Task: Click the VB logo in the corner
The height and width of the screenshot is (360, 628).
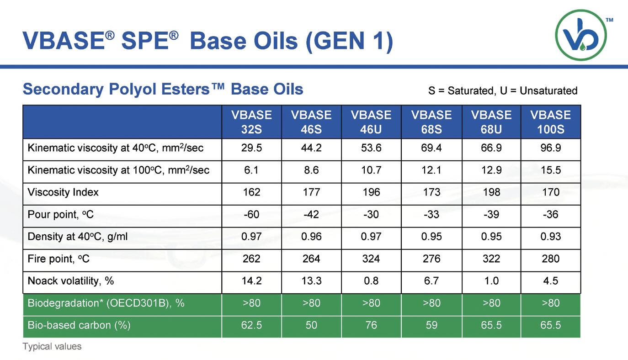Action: [x=581, y=35]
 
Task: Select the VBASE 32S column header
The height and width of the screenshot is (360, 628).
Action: [x=251, y=122]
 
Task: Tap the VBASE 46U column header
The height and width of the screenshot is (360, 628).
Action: [x=371, y=122]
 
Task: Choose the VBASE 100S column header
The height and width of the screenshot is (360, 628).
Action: [x=550, y=122]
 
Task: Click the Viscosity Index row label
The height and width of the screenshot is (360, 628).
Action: [x=63, y=192]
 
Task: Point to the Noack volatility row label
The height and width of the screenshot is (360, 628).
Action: [x=70, y=281]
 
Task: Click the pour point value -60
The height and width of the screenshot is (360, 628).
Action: [x=251, y=214]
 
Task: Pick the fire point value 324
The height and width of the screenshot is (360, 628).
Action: [x=371, y=259]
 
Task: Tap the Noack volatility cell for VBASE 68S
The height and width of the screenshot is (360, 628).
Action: [x=431, y=281]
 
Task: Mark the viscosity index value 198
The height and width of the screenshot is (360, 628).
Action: [x=491, y=192]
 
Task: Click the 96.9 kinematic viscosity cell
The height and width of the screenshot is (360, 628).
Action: [x=550, y=148]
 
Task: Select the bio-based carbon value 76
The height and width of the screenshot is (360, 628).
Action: [x=371, y=325]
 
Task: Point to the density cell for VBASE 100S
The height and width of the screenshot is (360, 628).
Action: [x=550, y=237]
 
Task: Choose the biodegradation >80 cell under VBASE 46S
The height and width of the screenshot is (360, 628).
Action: [x=311, y=303]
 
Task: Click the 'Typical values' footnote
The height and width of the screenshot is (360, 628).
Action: [x=52, y=346]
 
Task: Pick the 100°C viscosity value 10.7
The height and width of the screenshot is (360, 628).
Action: [x=371, y=170]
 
